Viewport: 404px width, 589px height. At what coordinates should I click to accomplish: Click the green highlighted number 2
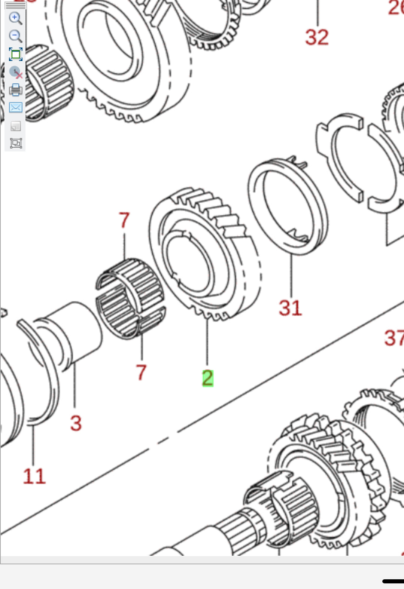(x=207, y=378)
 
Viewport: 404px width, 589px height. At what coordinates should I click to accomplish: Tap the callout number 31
(x=290, y=308)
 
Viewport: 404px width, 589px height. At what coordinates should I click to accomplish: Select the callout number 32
(x=317, y=37)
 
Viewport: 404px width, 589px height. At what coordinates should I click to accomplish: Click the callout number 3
(x=76, y=423)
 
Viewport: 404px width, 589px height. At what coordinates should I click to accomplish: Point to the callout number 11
(x=34, y=476)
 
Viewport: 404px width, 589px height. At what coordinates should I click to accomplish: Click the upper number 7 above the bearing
(x=124, y=220)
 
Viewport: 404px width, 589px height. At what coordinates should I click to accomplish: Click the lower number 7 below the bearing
(x=141, y=372)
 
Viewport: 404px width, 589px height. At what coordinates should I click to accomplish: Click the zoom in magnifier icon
(x=15, y=18)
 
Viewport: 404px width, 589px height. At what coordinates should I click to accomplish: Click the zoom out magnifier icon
(x=15, y=36)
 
